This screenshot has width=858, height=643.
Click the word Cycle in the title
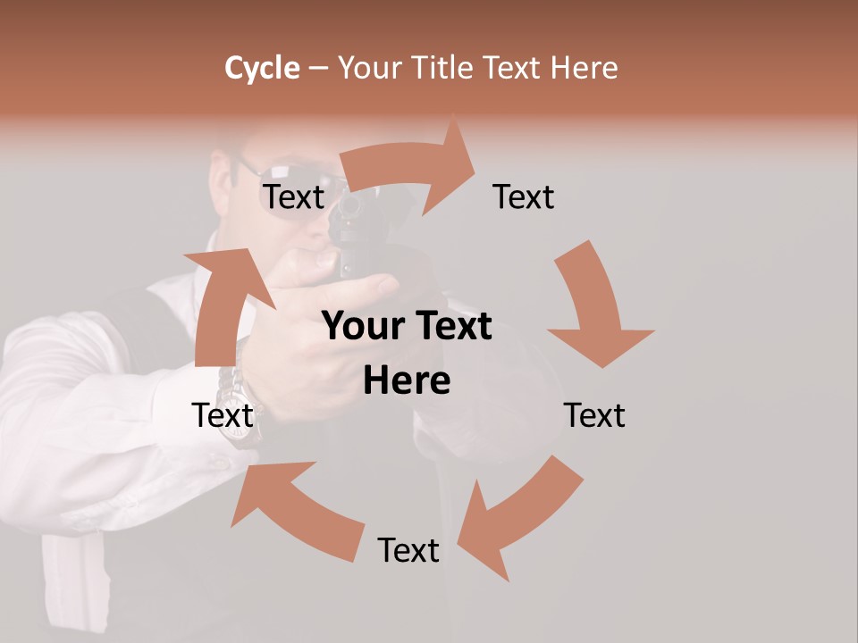[x=262, y=68]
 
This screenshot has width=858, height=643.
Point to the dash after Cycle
[x=318, y=69]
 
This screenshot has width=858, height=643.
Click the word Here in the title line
[x=585, y=68]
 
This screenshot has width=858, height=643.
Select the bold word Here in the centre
[x=407, y=381]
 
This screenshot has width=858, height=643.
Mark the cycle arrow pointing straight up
[x=223, y=304]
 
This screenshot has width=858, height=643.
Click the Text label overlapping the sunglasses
[x=294, y=196]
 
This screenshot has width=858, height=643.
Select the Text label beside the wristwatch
[x=223, y=415]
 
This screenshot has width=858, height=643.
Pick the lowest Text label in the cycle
[x=408, y=550]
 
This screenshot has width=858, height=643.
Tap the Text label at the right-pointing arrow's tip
[x=524, y=196]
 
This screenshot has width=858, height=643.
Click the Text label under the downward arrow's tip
[x=594, y=415]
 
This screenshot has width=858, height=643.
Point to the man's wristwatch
[x=243, y=406]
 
